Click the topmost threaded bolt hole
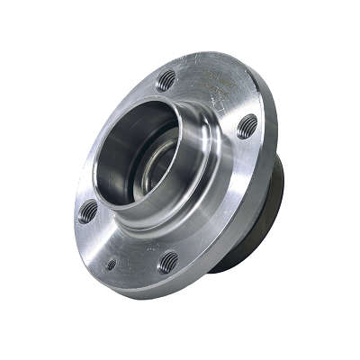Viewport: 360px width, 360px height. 166,79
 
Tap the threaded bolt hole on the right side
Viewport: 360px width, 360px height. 247,124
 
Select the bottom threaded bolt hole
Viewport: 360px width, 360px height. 168,262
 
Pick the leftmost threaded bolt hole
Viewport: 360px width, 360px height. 87,211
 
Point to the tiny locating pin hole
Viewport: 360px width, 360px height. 111,265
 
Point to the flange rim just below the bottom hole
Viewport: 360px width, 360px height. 171,283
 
